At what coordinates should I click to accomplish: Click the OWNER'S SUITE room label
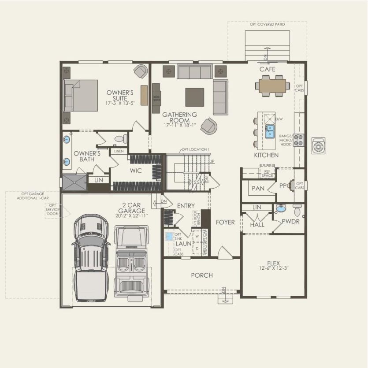click(120, 95)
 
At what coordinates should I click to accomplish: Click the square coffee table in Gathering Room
click(194, 97)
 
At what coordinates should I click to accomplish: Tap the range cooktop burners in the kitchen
click(299, 140)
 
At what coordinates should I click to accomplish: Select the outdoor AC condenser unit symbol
click(318, 146)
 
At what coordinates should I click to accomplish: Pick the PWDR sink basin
click(280, 208)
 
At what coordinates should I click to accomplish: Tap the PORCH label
click(202, 275)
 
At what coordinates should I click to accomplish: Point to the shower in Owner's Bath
click(74, 182)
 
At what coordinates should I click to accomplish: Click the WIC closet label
click(136, 171)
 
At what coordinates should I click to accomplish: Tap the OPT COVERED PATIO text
click(267, 24)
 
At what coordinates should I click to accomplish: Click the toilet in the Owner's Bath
click(120, 139)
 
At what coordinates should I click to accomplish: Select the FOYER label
click(225, 222)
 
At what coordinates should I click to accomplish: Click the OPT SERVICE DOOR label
click(52, 211)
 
